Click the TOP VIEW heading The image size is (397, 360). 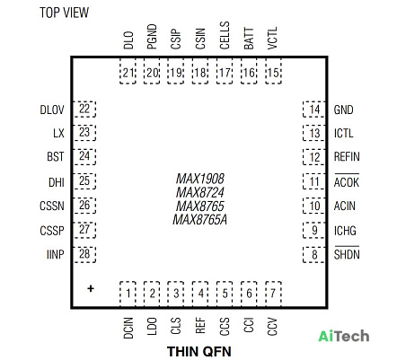[x=64, y=13]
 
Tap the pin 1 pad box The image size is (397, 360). [x=128, y=294]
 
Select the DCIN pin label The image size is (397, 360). [x=128, y=329]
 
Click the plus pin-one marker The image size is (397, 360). [x=91, y=288]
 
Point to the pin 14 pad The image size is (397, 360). [x=313, y=110]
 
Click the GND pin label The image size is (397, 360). [x=343, y=110]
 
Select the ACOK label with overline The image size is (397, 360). [x=347, y=181]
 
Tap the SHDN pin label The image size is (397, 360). [x=347, y=253]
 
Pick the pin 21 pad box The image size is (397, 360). [x=128, y=71]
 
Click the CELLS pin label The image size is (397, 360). [x=225, y=35]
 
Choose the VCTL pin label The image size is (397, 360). [x=272, y=38]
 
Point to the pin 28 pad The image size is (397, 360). [x=85, y=255]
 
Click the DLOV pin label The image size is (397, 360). [x=52, y=110]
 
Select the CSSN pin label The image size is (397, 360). [x=52, y=206]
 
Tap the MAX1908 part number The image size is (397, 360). [x=200, y=179]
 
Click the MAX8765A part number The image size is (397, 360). [x=200, y=220]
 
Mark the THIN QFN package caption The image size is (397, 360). [x=199, y=351]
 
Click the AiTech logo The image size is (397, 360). [x=343, y=336]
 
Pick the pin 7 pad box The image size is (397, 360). [x=273, y=294]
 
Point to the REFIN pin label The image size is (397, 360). [x=347, y=157]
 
